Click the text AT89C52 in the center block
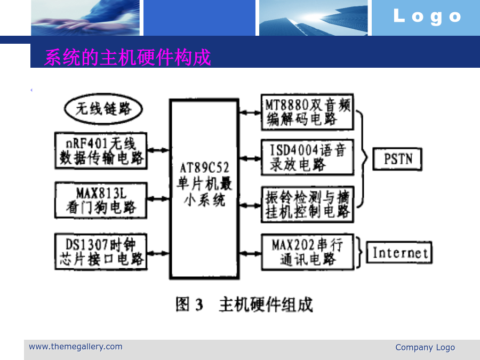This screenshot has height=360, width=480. tap(204, 168)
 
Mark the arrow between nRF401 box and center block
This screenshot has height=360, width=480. tap(158, 150)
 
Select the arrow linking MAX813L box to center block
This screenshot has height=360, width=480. tap(158, 199)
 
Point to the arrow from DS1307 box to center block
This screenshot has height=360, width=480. tap(158, 253)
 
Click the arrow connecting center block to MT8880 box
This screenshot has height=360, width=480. tap(250, 113)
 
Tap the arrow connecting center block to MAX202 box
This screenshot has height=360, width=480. tap(250, 253)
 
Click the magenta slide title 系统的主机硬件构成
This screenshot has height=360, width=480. tap(127, 57)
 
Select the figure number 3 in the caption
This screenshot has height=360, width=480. tap(199, 305)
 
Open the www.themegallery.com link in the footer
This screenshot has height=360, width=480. tap(76, 347)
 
